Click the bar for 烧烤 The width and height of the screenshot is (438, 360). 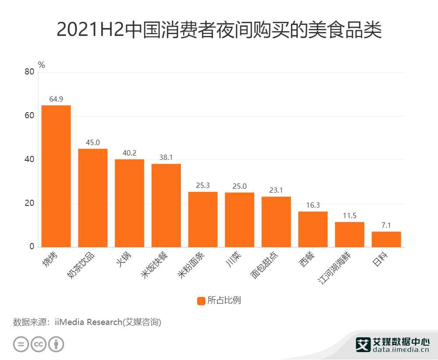(56, 176)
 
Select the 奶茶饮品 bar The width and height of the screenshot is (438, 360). (93, 198)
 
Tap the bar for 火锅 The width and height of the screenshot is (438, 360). (130, 203)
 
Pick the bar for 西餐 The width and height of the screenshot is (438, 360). (313, 229)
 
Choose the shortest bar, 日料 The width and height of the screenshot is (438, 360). (386, 239)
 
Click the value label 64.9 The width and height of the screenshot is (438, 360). (56, 99)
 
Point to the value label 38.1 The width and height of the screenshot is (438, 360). (166, 157)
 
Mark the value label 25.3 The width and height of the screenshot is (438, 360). (203, 185)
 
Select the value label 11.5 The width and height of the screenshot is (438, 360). (350, 215)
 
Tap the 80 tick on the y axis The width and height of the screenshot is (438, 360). (29, 72)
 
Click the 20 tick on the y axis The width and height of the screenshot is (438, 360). (29, 203)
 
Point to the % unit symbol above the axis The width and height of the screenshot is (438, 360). (42, 65)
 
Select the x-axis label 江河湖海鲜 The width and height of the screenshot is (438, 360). (335, 266)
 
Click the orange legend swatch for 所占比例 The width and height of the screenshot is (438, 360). (201, 301)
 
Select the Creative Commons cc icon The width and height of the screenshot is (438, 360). (39, 344)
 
